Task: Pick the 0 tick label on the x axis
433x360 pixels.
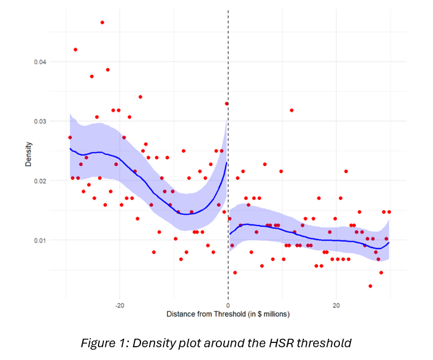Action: pyautogui.click(x=228, y=305)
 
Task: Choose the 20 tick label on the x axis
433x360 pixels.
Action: pyautogui.click(x=336, y=305)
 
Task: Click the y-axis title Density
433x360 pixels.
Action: pyautogui.click(x=28, y=155)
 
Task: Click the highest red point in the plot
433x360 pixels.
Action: pyautogui.click(x=102, y=22)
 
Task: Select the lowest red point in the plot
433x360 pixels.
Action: pyautogui.click(x=370, y=286)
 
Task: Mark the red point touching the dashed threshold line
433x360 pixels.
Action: pyautogui.click(x=227, y=104)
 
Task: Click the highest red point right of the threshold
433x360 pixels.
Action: pyautogui.click(x=292, y=110)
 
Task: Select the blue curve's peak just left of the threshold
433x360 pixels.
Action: pyautogui.click(x=227, y=163)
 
